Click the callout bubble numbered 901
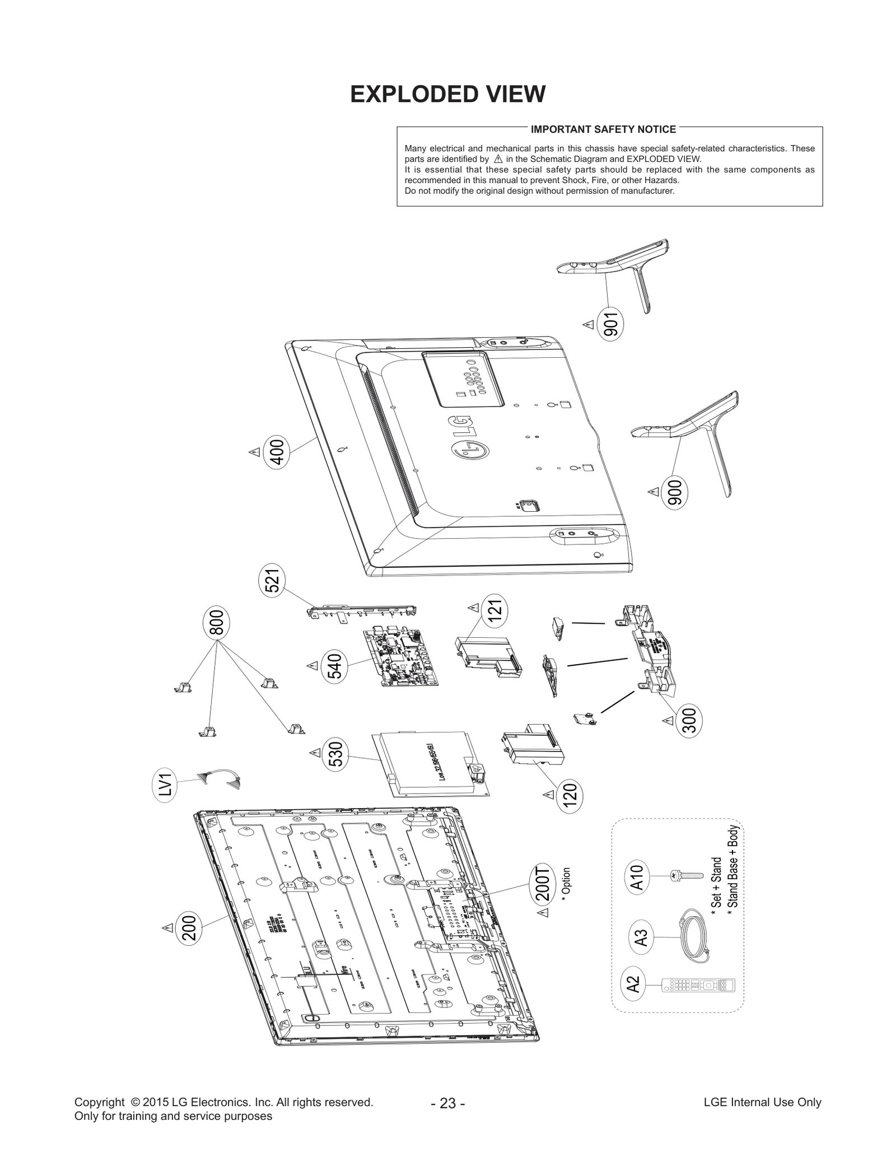(x=611, y=324)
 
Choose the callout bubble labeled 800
(x=216, y=622)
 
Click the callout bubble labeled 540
(x=334, y=666)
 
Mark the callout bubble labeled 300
(x=689, y=720)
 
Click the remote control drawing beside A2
(x=698, y=985)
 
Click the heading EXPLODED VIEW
(x=447, y=94)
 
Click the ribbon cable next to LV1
(x=218, y=778)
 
